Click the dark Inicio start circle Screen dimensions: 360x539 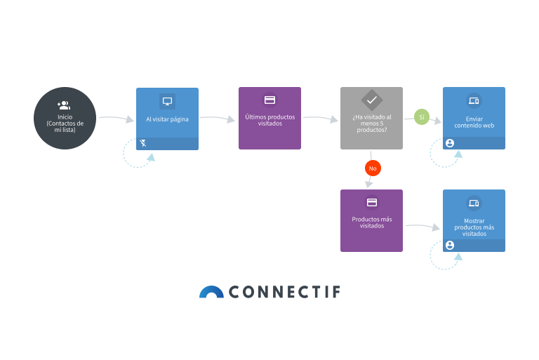pos(65,118)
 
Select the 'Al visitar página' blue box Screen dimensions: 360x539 pos(167,119)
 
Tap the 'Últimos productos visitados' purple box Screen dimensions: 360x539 pos(269,118)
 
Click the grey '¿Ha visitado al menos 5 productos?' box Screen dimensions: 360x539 pos(371,118)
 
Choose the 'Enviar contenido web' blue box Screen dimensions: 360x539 pos(474,118)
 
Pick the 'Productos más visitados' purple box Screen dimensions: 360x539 pos(371,220)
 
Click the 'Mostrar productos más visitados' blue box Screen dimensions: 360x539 pos(474,220)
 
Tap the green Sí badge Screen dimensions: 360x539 pos(422,117)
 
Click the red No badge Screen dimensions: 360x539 pos(373,168)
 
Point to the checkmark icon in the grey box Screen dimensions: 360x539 pos(371,100)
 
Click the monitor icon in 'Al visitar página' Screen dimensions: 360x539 pos(167,101)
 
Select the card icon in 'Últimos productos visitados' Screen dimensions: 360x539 pos(269,100)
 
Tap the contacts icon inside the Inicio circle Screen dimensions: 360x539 pos(65,105)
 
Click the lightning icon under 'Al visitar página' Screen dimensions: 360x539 pos(143,143)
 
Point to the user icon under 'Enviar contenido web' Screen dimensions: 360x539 pos(450,143)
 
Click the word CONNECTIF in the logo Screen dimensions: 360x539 pos(284,292)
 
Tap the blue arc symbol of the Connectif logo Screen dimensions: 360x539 pos(211,292)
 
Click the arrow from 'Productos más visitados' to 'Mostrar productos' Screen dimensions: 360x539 pos(422,226)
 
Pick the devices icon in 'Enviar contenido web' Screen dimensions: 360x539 pos(474,101)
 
